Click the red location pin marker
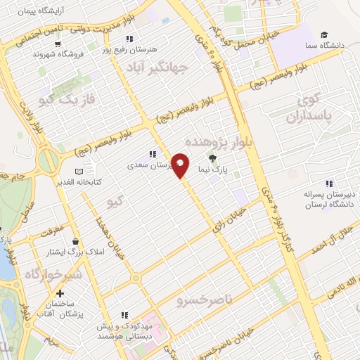181,165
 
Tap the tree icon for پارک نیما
213,159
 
